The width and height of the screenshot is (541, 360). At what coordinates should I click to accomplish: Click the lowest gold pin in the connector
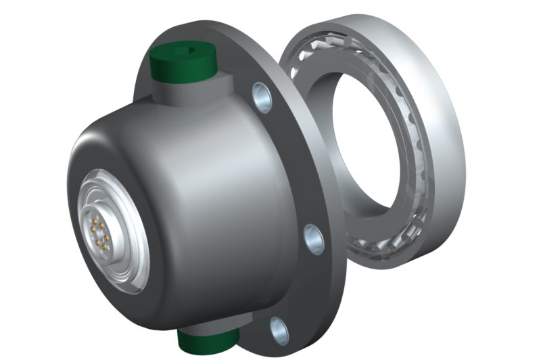(x=99, y=246)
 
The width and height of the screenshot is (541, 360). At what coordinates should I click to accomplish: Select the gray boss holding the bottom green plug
(x=216, y=325)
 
